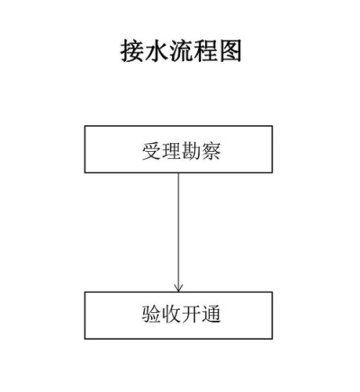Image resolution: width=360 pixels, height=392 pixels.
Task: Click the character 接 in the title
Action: (131, 51)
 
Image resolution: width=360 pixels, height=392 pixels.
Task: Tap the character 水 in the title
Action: (156, 51)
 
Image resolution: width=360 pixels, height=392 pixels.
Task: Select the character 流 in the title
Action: (181, 51)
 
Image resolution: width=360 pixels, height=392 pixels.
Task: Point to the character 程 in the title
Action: (205, 51)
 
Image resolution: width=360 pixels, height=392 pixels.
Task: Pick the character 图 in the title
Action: (230, 51)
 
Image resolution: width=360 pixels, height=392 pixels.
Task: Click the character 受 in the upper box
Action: (152, 151)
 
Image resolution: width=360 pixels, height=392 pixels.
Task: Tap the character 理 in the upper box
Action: (171, 151)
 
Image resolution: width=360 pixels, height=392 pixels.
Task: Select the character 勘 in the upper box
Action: (191, 151)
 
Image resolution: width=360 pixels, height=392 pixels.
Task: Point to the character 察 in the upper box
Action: (211, 151)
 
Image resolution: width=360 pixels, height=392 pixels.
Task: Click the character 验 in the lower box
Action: (152, 314)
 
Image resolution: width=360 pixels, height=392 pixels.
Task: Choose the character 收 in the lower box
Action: (171, 314)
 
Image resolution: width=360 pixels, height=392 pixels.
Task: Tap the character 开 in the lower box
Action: (191, 314)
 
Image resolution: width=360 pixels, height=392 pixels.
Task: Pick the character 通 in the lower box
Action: (211, 314)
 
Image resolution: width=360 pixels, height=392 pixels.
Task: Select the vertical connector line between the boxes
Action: (178, 232)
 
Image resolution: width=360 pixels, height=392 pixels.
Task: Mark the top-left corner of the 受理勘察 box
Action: (85, 126)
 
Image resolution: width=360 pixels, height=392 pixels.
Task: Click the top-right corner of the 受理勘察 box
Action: (272, 126)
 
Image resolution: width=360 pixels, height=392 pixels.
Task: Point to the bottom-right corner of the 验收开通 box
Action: (272, 339)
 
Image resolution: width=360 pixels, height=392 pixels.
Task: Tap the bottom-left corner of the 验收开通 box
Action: (85, 339)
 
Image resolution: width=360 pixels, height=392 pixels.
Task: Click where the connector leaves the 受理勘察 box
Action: (178, 173)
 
